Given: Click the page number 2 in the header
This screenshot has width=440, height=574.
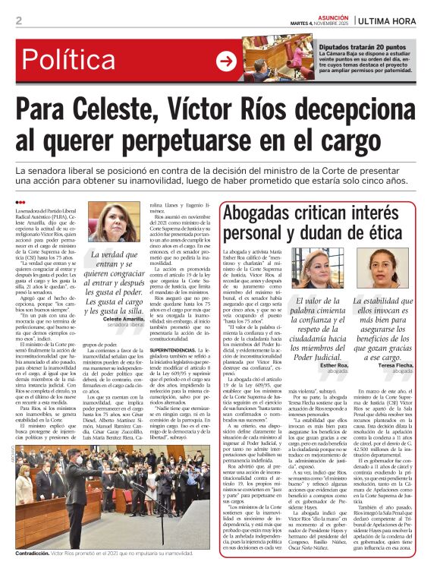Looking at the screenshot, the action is [18, 20].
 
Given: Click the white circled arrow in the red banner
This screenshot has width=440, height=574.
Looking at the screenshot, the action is [226, 60].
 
